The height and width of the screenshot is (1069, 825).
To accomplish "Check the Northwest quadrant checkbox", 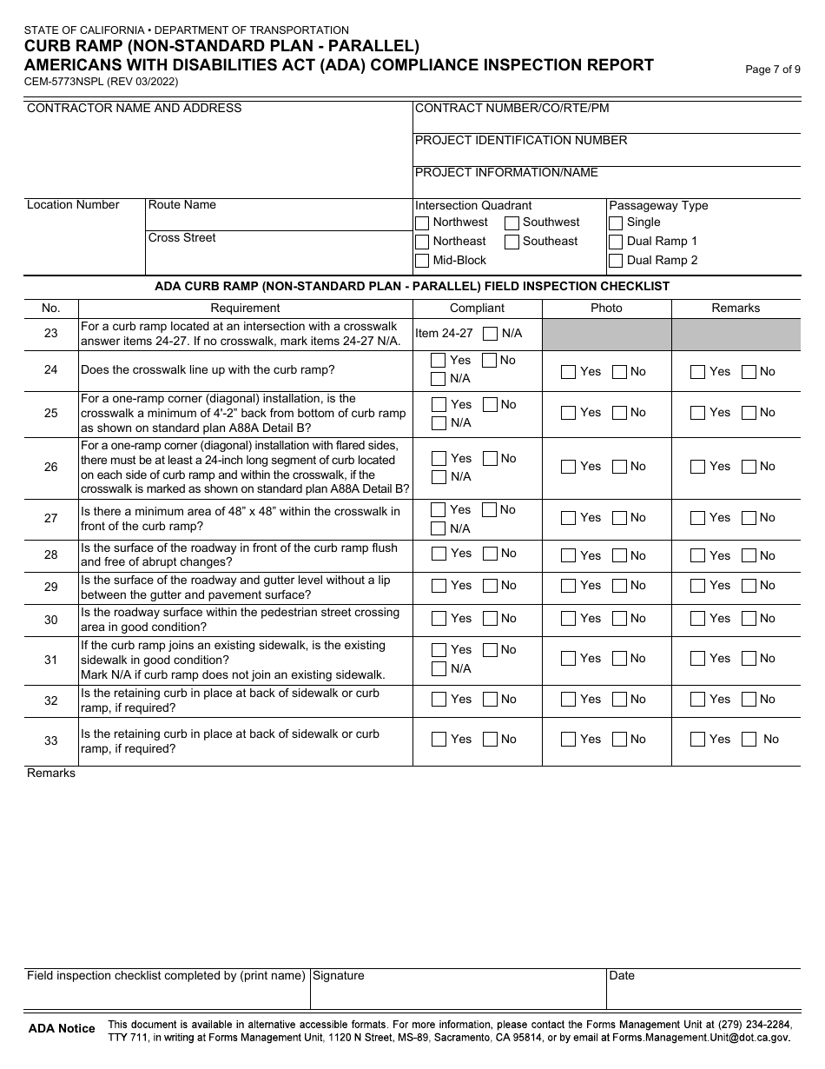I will [422, 222].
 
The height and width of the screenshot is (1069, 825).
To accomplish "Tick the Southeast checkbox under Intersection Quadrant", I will [512, 242].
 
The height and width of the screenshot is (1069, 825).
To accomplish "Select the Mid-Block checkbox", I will [422, 261].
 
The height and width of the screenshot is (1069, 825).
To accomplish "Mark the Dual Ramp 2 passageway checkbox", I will [616, 261].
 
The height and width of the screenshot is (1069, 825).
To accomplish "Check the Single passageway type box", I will [616, 222].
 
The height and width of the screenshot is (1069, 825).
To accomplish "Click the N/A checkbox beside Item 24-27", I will [491, 334].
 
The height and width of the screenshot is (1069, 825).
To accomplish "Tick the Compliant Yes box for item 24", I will [439, 361].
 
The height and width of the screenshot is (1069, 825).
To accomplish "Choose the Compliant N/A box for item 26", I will [439, 477].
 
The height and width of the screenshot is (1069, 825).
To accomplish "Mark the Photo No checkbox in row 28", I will [620, 555].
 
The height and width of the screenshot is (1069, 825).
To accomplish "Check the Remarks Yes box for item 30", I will [698, 619].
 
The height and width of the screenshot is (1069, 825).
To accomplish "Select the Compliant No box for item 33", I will [491, 740].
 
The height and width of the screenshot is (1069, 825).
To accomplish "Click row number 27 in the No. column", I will [51, 518].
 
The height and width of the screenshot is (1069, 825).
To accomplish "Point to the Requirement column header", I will [245, 308].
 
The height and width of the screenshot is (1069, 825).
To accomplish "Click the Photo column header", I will [606, 308].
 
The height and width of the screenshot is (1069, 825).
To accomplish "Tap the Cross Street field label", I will [182, 238].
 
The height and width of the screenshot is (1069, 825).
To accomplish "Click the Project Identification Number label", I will [521, 140].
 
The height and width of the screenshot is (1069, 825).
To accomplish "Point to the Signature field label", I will [339, 976].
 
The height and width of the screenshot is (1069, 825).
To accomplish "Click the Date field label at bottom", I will [622, 976].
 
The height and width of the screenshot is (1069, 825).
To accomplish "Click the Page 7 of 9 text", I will [773, 70].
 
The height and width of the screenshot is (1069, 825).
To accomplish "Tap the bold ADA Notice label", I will [62, 1029].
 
